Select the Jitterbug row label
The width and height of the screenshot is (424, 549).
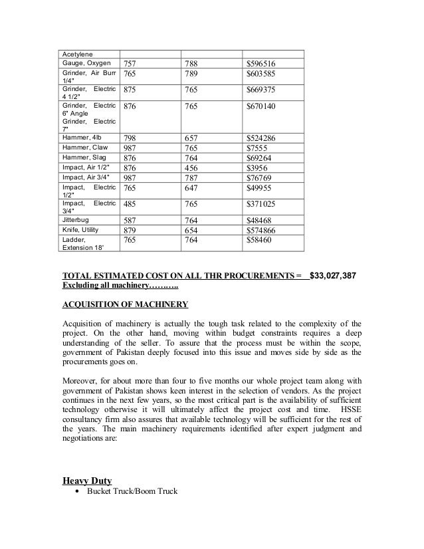[74, 218]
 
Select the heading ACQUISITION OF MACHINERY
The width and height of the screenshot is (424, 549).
[125, 305]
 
